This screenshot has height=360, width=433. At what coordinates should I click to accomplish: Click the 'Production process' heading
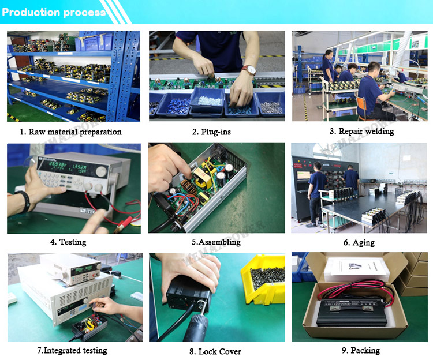54,13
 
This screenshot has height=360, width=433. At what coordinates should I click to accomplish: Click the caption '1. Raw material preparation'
70,132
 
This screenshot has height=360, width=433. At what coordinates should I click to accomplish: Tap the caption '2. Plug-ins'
211,132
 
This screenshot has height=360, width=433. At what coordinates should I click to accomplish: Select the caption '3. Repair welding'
362,132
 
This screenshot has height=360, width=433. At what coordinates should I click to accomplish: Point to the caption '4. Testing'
68,242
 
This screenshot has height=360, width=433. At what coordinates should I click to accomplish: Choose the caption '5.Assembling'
216,242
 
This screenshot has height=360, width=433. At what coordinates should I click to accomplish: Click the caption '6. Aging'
359,242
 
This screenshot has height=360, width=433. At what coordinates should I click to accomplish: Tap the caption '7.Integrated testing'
72,350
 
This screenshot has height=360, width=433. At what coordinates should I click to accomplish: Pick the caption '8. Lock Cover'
215,351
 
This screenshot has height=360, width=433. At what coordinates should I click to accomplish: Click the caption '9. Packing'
361,350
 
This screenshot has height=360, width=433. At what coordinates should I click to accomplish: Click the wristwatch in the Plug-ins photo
249,70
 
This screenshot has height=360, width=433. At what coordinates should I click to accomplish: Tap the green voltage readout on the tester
58,164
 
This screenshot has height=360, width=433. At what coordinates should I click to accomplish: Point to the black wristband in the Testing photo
25,201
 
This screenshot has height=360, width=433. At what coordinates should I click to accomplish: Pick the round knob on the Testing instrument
101,172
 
